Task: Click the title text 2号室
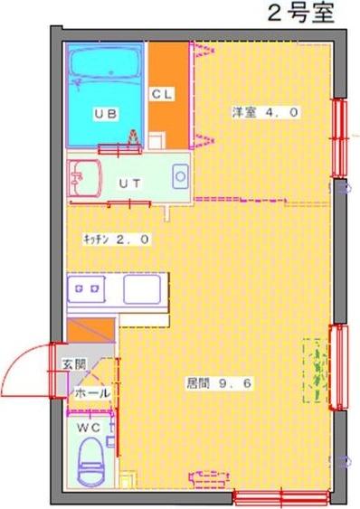tap(301, 14)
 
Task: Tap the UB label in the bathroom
tap(106, 114)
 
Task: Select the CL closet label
tap(162, 94)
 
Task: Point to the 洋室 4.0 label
tap(265, 112)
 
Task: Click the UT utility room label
tap(130, 184)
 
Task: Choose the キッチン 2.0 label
tap(117, 240)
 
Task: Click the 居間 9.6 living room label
tap(219, 383)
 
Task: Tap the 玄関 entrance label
tap(74, 364)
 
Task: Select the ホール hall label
tap(92, 393)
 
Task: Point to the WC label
tap(89, 428)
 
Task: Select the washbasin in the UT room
tap(84, 178)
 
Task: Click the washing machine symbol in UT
tap(180, 176)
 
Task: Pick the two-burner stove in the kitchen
tap(86, 289)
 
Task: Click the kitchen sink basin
tap(142, 289)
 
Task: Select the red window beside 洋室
tap(339, 138)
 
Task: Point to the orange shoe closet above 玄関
tap(91, 329)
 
